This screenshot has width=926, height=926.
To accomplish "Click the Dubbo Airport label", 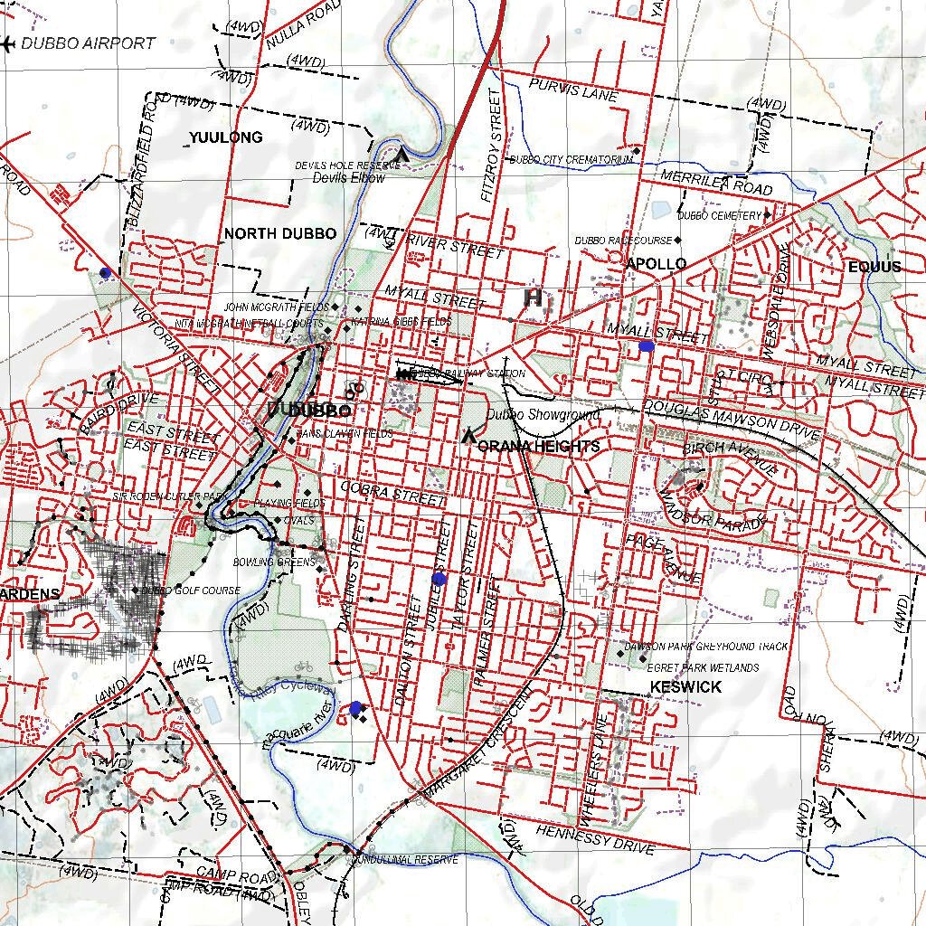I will click(88, 43).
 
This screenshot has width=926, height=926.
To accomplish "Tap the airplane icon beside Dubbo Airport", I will click(9, 43).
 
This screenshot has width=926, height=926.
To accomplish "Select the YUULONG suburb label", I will click(225, 137).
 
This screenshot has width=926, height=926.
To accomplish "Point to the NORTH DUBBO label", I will click(279, 233).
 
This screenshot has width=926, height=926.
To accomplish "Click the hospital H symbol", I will click(534, 297).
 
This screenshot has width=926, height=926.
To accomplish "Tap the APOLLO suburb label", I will click(656, 264).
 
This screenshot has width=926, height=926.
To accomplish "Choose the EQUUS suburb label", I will click(874, 267).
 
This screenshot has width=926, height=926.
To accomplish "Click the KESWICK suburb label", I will click(685, 687).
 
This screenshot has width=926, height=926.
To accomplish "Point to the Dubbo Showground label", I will click(543, 415).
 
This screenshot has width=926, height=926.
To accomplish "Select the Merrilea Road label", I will click(716, 182).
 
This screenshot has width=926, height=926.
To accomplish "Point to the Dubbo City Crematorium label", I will click(572, 160).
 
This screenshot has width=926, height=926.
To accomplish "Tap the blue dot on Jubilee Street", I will click(439, 578).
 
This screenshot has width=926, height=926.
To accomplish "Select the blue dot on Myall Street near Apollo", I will click(646, 345).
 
